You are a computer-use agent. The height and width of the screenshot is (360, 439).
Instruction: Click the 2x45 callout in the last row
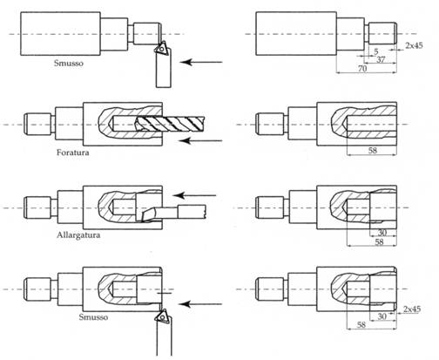tap(415, 309)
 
